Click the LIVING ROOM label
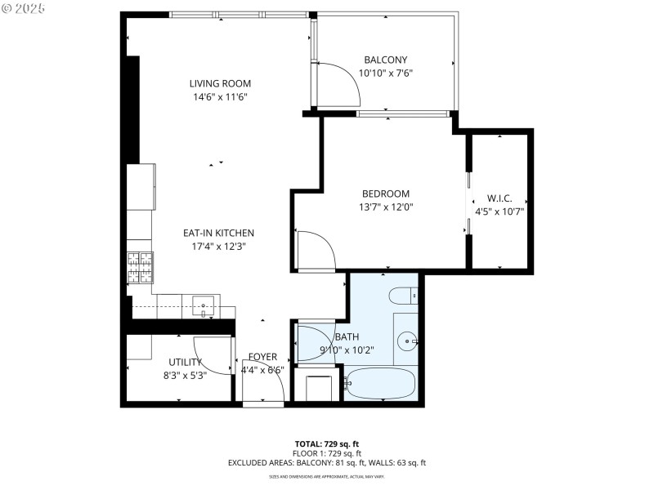click(x=220, y=83)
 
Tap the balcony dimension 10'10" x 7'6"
click(x=385, y=73)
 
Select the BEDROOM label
click(x=385, y=194)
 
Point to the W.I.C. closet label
click(x=499, y=198)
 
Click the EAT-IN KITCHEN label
click(x=218, y=233)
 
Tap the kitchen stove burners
click(x=139, y=264)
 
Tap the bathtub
click(x=381, y=382)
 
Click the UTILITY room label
click(x=186, y=362)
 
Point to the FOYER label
click(x=263, y=357)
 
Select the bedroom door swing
click(x=315, y=252)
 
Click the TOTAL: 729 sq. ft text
click(x=326, y=443)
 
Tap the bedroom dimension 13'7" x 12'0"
click(x=385, y=207)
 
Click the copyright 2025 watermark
click(x=25, y=7)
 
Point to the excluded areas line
click(x=326, y=462)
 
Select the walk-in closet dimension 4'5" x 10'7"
click(x=499, y=211)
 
